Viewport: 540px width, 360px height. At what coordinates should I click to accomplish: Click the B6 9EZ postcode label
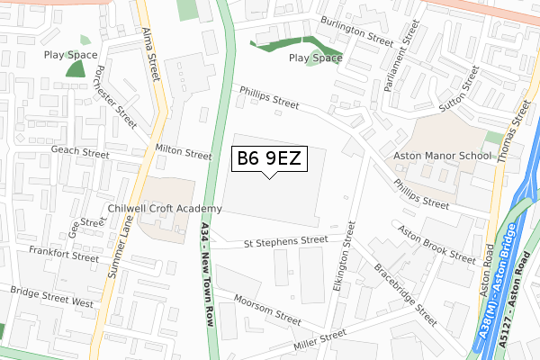click(268, 159)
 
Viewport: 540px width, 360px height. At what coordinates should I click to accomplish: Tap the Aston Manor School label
click(443, 156)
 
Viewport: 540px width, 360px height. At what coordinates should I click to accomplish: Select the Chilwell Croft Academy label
click(163, 208)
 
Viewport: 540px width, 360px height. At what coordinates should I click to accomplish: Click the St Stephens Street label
click(286, 241)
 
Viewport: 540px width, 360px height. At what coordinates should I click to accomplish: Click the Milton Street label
click(184, 154)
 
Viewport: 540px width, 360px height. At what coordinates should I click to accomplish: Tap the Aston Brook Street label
click(436, 244)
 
